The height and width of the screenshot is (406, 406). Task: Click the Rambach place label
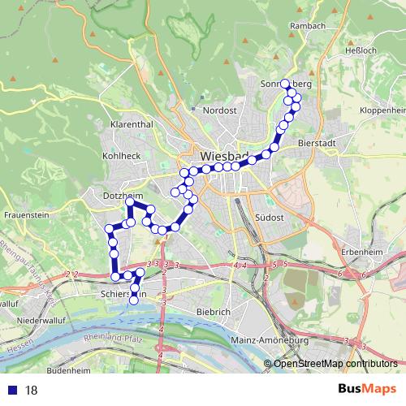coord(308,26)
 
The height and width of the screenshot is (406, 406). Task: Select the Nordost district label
coord(219,110)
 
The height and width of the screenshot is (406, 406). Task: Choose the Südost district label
coord(268,218)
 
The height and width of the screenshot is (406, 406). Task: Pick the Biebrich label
coord(215,311)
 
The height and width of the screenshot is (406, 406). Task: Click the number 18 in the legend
coord(32,390)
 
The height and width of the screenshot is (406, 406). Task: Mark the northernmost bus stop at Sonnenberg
coord(285,83)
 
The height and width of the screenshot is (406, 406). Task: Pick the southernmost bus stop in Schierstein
coord(134,300)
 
